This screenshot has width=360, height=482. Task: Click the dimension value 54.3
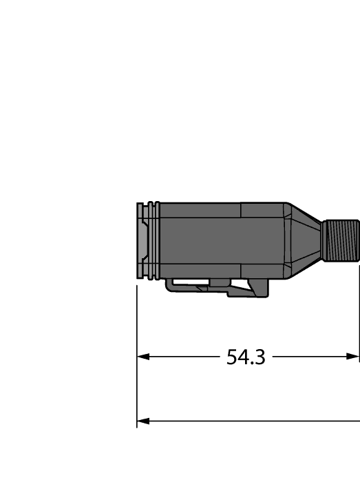coord(246,357)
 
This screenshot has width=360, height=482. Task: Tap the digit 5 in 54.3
coord(233,357)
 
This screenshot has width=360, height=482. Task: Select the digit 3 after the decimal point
coord(260,357)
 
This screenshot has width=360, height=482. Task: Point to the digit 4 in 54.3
coord(244,357)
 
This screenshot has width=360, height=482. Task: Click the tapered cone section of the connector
coord(303,240)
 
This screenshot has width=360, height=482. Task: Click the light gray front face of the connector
coord(142,241)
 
